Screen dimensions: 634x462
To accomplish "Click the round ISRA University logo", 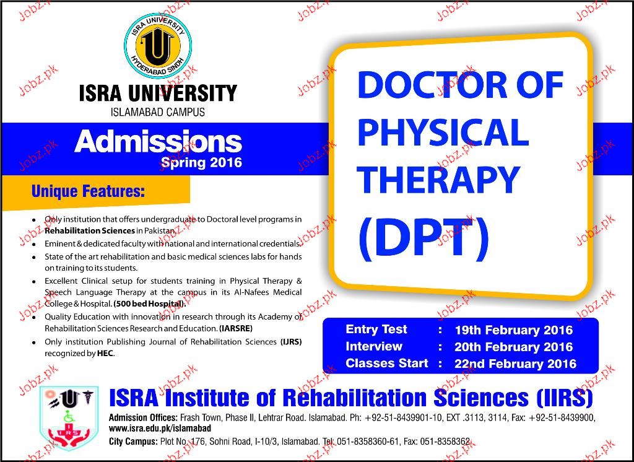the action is pos(157,46).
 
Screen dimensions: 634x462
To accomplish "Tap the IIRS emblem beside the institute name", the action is pos(69,418).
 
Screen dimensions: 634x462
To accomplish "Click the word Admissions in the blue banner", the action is pos(158,142).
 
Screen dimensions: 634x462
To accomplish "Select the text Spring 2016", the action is pos(201,163).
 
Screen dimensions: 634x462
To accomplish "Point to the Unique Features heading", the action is pos(88,191).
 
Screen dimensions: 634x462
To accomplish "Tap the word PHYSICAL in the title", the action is pos(443,132).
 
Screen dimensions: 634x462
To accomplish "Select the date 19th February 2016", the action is pos(513,330).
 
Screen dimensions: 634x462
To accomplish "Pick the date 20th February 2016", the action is pos(513,347).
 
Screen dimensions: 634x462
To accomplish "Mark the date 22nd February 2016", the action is pos(515,364).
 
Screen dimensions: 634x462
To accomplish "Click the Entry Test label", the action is pos(376,329).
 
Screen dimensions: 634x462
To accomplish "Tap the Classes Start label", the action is pos(386,364).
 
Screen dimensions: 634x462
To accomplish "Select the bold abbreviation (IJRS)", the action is pos(291,342).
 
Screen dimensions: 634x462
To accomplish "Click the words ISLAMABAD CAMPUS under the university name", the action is pos(158,112).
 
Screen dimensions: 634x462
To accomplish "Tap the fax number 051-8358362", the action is pos(445,442).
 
